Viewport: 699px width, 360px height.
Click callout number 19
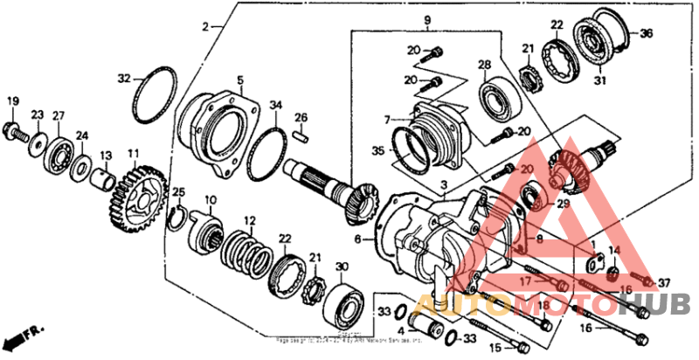click(x=12, y=101)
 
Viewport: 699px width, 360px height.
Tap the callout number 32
click(x=124, y=78)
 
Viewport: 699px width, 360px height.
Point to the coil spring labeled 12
click(x=247, y=252)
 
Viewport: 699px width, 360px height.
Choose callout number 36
click(x=647, y=34)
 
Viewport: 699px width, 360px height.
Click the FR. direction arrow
click(x=23, y=336)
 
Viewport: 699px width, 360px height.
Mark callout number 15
click(x=496, y=347)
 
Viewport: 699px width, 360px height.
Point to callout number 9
click(x=429, y=19)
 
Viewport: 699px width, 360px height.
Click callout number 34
click(x=276, y=106)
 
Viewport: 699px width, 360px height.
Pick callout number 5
click(x=239, y=80)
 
